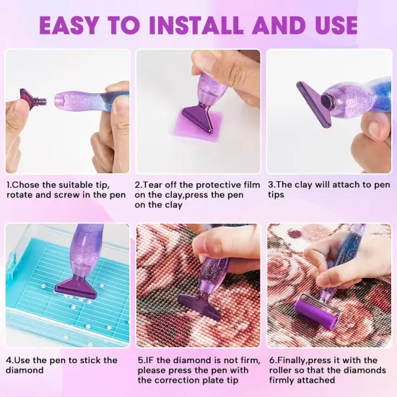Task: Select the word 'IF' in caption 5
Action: (x=149, y=360)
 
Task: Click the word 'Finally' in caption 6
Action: (x=293, y=360)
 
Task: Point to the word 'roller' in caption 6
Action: (x=284, y=370)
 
